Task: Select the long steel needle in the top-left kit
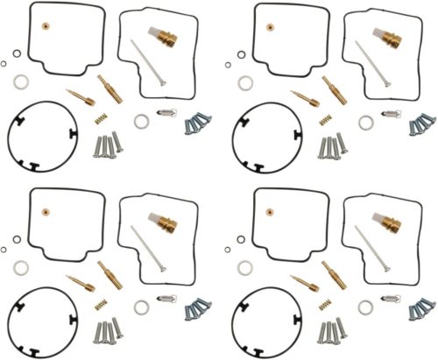coord(145,62)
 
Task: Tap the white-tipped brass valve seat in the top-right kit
coord(391,36)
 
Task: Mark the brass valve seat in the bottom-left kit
coord(167,223)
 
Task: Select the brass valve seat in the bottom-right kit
coord(391,223)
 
